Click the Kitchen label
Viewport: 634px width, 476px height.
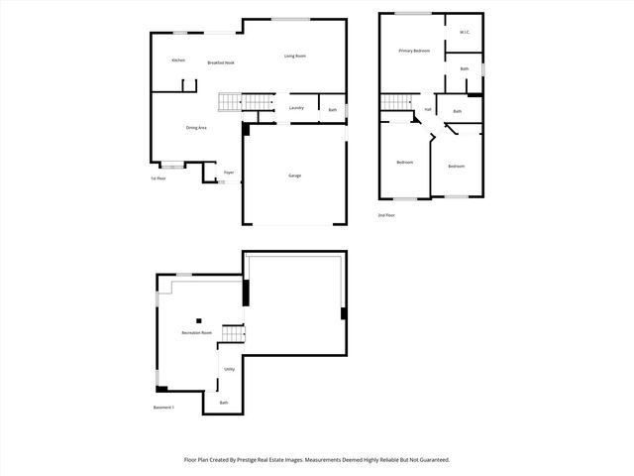click(x=178, y=60)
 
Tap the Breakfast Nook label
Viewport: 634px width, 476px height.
click(x=221, y=62)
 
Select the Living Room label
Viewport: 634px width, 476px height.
click(x=294, y=56)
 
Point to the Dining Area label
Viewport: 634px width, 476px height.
click(x=196, y=128)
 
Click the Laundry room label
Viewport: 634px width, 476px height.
click(x=295, y=108)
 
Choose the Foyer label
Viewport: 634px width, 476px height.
click(x=228, y=173)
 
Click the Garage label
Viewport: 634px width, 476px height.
click(x=294, y=176)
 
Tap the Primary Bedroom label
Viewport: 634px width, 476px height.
click(x=414, y=50)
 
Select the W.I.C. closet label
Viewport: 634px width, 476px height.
click(x=465, y=33)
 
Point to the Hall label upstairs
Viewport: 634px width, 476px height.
click(x=428, y=109)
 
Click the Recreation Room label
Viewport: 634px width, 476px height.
click(x=196, y=332)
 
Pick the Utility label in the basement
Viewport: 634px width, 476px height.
click(x=229, y=369)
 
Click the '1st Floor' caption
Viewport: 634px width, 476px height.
click(x=158, y=178)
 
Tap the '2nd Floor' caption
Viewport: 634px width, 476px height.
click(x=386, y=215)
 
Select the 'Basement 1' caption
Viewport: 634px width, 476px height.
click(x=163, y=408)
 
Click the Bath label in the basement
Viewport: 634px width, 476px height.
click(x=224, y=402)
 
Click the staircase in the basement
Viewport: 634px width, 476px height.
click(x=232, y=334)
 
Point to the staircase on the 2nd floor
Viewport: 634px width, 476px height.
click(x=396, y=103)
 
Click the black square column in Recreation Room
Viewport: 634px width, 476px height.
click(x=198, y=319)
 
